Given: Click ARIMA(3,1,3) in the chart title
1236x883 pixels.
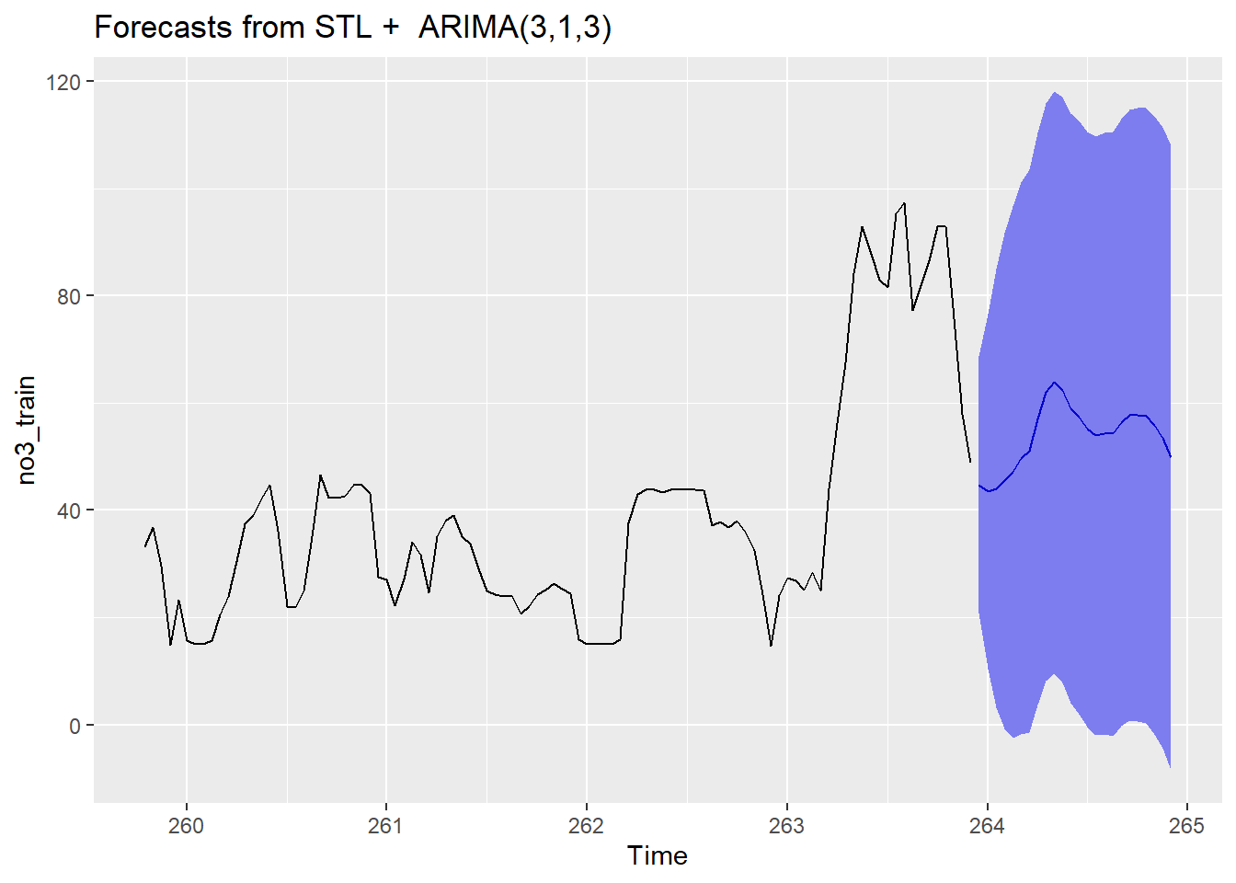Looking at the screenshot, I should [515, 28].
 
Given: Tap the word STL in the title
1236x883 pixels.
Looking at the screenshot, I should [343, 28].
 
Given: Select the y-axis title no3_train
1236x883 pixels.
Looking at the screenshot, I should [27, 430].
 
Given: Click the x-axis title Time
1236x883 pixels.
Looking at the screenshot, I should [657, 855].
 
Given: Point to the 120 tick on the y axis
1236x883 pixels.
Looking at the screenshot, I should [63, 82].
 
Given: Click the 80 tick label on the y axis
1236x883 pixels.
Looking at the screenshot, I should [69, 296].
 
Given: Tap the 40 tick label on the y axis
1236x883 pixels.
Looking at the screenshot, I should [69, 510].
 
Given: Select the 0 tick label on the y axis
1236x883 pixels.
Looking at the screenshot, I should [75, 726].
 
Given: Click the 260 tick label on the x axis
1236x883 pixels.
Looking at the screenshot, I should [187, 826].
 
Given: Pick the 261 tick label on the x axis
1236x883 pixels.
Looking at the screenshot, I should [386, 826].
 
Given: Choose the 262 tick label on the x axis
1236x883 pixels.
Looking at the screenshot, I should [587, 826].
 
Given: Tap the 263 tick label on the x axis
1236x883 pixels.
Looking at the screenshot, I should [786, 826].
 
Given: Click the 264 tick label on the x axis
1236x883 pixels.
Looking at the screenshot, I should [987, 826].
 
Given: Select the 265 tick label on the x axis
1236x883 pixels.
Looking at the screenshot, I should [1186, 826].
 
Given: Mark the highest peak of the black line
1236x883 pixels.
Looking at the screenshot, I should [904, 203].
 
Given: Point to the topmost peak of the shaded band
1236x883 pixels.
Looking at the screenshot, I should [1055, 92].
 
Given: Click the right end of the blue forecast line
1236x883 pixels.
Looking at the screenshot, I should [1171, 457].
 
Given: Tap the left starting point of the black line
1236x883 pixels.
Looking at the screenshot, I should [145, 546].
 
